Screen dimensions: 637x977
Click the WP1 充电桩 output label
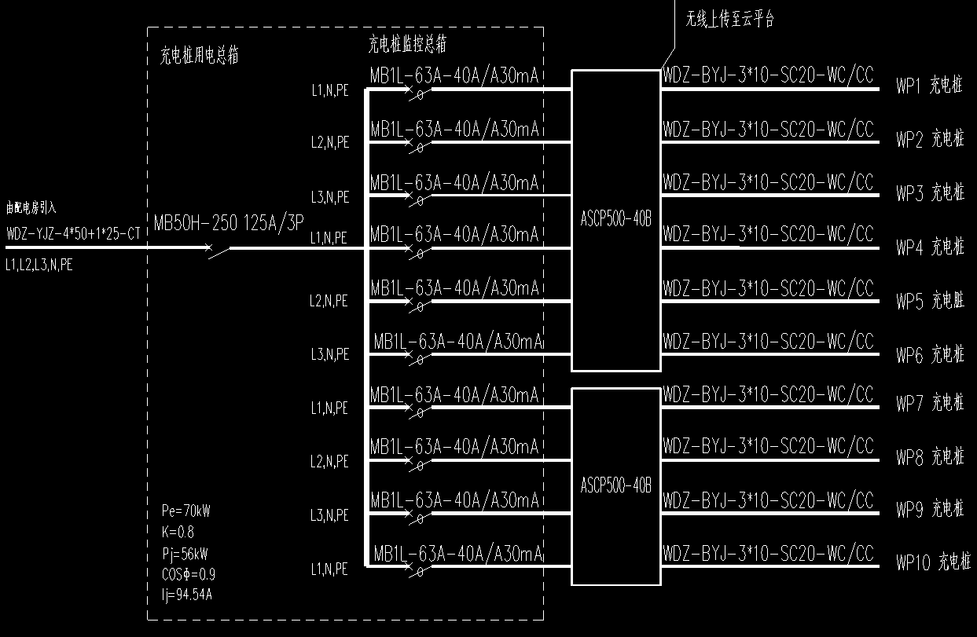coord(929,86)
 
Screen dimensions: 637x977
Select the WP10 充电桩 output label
coord(934,562)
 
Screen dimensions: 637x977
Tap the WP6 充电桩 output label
coord(930,355)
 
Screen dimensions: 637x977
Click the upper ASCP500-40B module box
coord(615,220)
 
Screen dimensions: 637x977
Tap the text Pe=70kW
coord(185,511)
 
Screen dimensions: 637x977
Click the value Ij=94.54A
coord(186,594)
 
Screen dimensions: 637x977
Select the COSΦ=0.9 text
coord(189,573)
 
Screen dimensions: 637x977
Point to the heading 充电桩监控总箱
coord(407,45)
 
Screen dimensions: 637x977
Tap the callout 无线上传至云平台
coord(730,20)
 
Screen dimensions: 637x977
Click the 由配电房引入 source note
coord(31,208)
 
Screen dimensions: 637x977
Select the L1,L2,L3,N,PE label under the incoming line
coord(39,265)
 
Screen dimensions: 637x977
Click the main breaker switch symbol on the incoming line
coord(219,251)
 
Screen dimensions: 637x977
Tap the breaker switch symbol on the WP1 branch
coord(417,93)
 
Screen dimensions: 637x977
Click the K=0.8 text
coord(178,532)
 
